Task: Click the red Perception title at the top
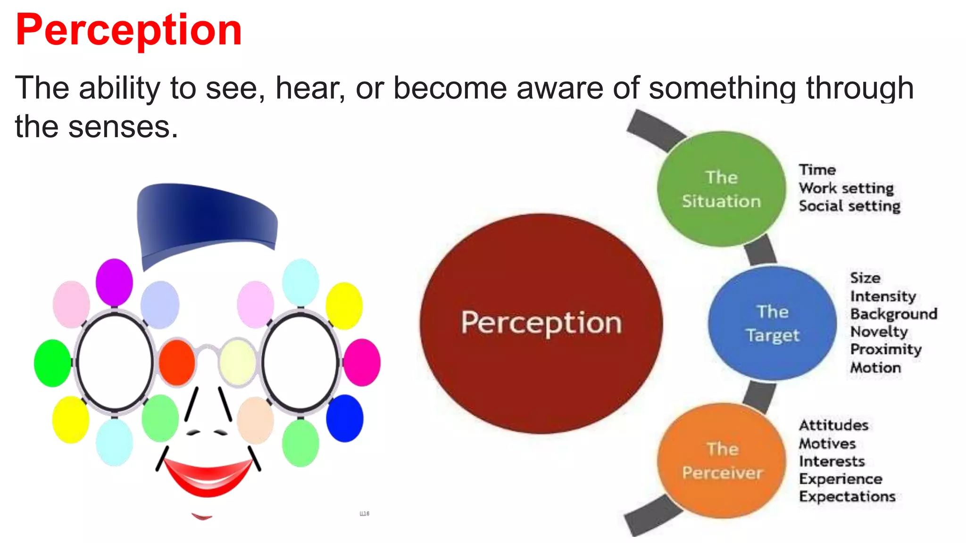[128, 30]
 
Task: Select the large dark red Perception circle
[541, 323]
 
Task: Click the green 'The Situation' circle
[721, 189]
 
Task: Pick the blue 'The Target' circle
[772, 323]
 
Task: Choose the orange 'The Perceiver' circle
[722, 461]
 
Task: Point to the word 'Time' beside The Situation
[817, 170]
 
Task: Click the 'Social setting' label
[849, 206]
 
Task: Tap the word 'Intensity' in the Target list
[883, 296]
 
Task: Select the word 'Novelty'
[879, 332]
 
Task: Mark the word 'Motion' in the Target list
[875, 368]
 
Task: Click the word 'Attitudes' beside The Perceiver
[833, 425]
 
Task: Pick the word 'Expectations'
[847, 497]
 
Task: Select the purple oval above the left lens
[114, 282]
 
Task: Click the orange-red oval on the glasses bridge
[177, 362]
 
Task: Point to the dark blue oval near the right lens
[345, 419]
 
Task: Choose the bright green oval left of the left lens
[52, 363]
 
